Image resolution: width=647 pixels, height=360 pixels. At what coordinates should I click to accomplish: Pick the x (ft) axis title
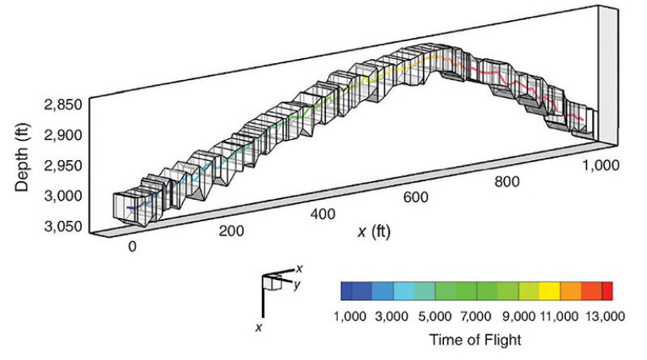tap(374, 232)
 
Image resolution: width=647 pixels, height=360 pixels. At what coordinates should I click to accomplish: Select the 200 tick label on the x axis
tap(232, 231)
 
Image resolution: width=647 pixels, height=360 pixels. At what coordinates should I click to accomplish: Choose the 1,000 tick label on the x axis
tap(600, 165)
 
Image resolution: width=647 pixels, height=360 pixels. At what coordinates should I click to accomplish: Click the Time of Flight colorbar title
tap(476, 340)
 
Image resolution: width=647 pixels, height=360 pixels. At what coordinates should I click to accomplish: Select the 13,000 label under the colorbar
tap(603, 316)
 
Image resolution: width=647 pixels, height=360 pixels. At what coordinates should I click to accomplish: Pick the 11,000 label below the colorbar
tap(561, 316)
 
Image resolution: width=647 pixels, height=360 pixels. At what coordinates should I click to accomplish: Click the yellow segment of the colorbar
tap(551, 291)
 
